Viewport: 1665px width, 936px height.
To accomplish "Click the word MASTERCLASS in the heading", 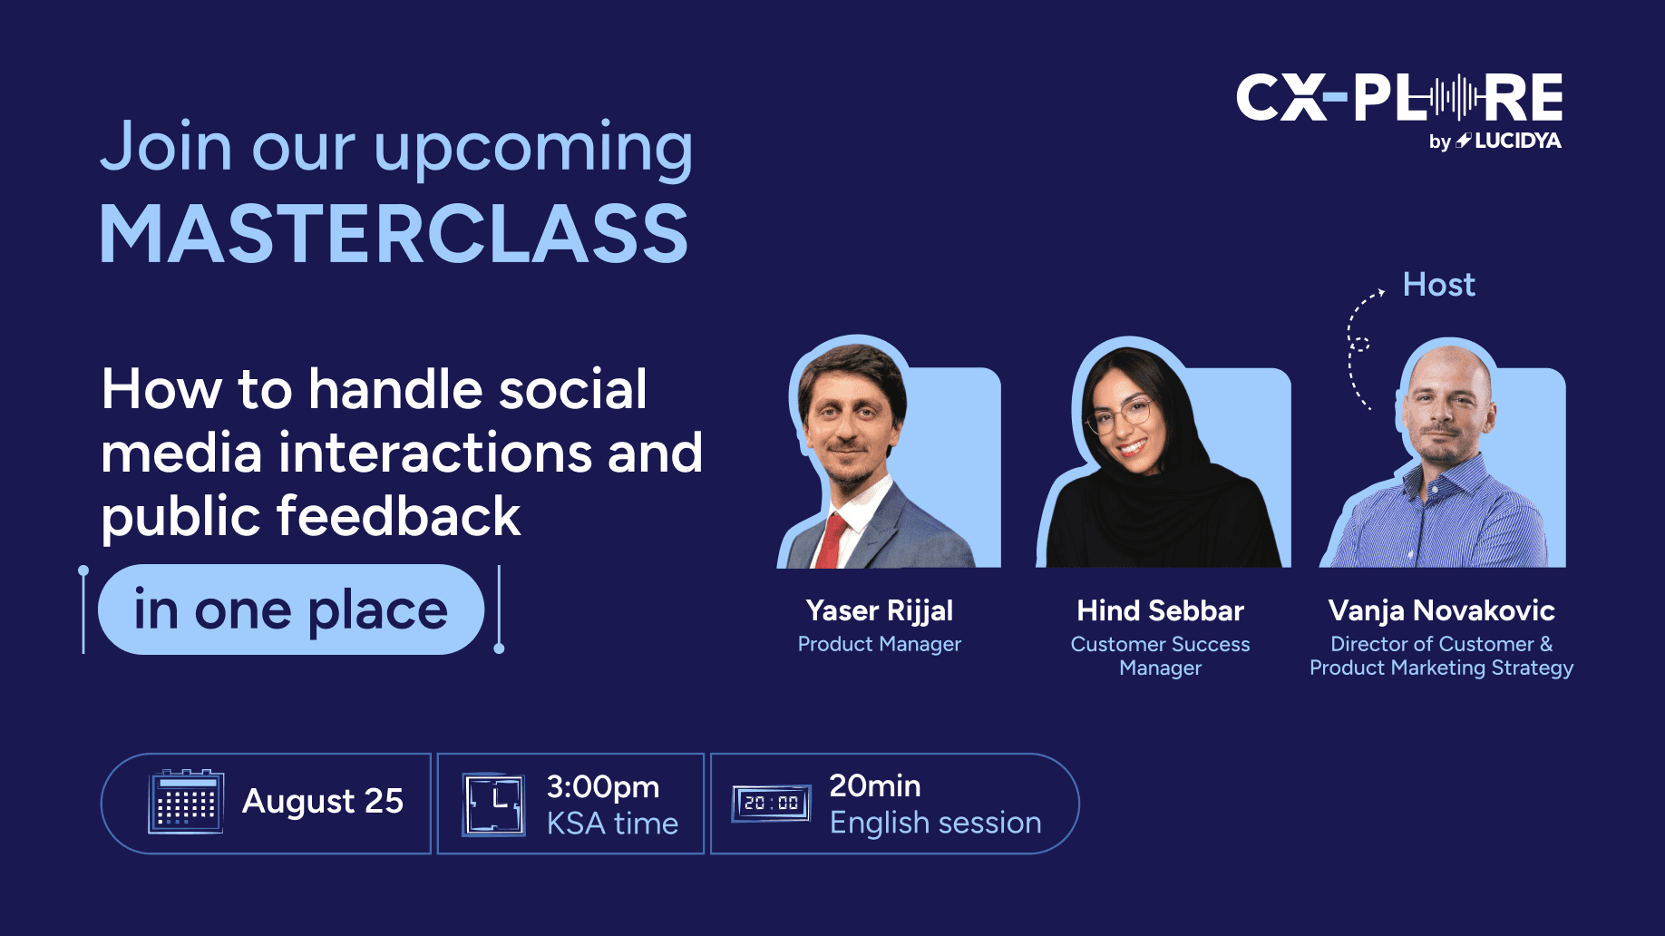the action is click(394, 233).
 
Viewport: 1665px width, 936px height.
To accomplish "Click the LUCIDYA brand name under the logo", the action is click(1517, 141).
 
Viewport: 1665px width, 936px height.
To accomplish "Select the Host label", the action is click(1438, 285).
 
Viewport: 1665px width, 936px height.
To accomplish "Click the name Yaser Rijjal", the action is click(879, 610).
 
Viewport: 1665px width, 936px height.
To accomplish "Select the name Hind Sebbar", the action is click(1160, 610).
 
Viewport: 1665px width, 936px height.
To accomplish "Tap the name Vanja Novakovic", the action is click(1441, 610).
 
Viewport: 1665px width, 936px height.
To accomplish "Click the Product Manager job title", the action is click(879, 644).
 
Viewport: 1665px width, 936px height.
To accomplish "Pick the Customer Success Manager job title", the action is click(1160, 656).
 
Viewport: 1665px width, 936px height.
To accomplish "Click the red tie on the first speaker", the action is click(830, 540).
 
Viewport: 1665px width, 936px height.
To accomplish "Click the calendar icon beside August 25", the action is click(185, 801).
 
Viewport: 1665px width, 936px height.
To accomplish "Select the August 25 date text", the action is click(322, 801).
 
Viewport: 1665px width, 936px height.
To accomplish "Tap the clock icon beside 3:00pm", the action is click(493, 804).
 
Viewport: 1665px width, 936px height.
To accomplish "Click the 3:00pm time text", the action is click(602, 787).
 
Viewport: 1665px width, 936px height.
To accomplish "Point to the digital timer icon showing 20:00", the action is click(771, 803).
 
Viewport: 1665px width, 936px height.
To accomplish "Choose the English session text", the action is click(935, 823).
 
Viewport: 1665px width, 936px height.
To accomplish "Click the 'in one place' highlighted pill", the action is click(291, 609).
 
